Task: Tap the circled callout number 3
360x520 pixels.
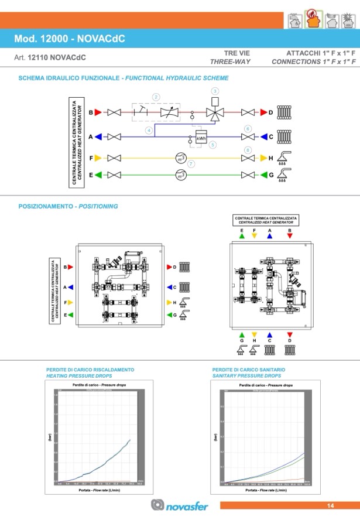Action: [215, 91]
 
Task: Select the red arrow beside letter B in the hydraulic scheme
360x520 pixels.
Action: [99, 112]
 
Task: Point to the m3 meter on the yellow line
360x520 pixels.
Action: [181, 158]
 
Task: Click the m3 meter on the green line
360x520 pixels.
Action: [181, 175]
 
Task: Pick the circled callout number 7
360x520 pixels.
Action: [191, 165]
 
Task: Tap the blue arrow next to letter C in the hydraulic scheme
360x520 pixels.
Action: [263, 137]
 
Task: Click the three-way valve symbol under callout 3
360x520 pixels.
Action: [215, 112]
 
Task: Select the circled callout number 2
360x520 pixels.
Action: [156, 97]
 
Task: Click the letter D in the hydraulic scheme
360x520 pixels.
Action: [271, 112]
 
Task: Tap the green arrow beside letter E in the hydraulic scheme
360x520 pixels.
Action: [99, 175]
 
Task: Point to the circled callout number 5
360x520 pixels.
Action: [213, 144]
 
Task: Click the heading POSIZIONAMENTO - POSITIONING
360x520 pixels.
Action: [68, 206]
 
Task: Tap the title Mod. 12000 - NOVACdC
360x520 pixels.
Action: [69, 39]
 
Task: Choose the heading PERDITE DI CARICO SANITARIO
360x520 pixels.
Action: [249, 370]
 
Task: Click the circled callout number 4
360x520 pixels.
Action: [149, 129]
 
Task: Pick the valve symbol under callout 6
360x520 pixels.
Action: [248, 137]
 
